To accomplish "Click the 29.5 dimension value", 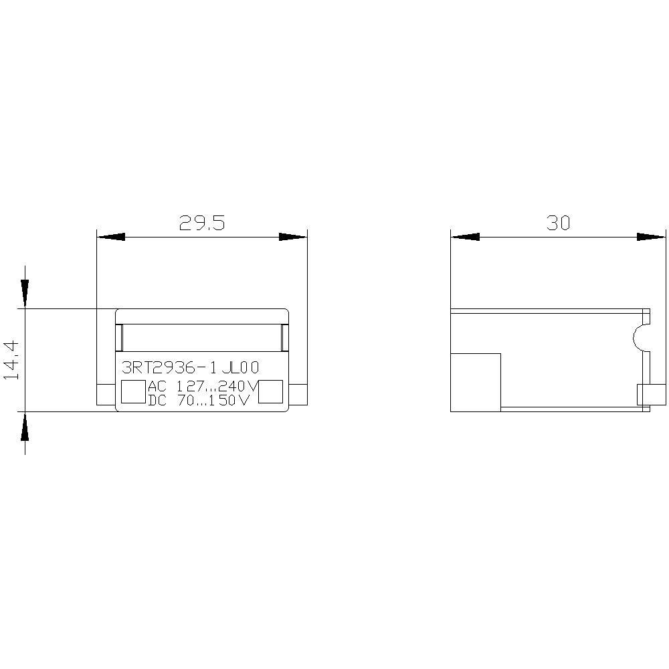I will coord(202,223).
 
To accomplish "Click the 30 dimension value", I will coord(558,223).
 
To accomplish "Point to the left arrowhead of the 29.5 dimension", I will coord(111,237).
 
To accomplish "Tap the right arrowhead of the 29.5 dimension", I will coord(292,237).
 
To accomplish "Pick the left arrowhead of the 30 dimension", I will coord(465,237).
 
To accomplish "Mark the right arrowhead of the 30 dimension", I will coord(652,237).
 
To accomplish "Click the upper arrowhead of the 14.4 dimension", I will coord(25,293).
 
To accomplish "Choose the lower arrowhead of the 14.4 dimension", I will coord(25,425).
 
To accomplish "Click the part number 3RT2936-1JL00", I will coord(189,368).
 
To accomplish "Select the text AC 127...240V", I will coord(202,387).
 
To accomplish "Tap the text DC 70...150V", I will coord(199,401).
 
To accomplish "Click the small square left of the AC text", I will coord(133,392).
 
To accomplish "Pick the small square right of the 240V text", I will coord(271,392).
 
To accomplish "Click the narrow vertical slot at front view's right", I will coord(284,338).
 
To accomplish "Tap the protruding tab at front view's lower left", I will coord(106,395).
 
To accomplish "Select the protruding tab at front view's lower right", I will coord(298,395).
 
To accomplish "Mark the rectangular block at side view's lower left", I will coord(476,382).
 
